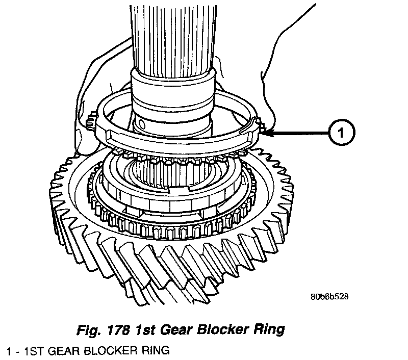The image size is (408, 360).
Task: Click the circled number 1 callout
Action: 342,134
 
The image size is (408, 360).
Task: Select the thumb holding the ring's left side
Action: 82,135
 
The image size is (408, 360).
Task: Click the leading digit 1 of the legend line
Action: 5,351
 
